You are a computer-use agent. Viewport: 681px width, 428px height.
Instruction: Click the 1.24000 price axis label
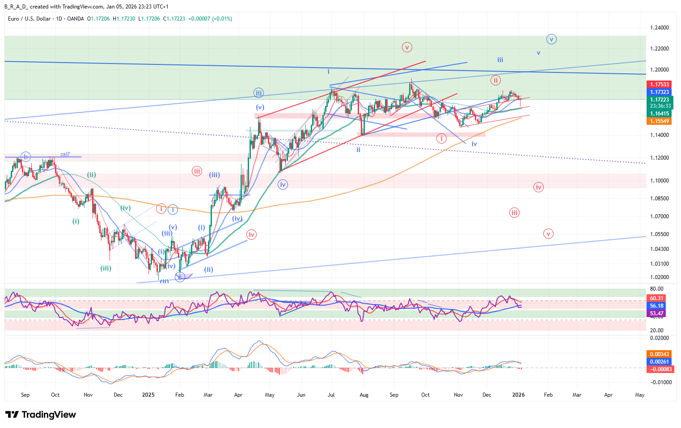660,28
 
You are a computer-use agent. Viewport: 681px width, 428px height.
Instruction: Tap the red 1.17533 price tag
660,85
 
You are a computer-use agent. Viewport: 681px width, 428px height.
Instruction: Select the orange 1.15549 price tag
660,121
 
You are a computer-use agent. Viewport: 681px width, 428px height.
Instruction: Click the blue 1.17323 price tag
660,92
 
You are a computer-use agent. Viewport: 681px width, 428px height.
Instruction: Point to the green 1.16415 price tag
660,114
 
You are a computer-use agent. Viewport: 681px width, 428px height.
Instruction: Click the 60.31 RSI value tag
656,298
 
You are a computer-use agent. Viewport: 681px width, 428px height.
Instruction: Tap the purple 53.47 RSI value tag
656,314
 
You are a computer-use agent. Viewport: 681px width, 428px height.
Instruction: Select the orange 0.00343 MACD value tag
660,354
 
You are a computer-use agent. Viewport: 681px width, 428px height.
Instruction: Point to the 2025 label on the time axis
148,395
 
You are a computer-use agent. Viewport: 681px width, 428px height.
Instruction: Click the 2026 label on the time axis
518,395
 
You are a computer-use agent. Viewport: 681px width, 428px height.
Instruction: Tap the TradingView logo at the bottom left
41,415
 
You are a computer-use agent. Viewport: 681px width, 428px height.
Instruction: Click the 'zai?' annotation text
65,154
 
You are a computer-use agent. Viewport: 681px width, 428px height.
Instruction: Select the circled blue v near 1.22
551,39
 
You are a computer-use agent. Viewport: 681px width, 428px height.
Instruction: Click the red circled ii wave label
495,81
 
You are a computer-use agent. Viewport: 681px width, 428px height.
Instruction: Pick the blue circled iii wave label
258,93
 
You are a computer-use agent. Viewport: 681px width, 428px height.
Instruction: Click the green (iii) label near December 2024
106,268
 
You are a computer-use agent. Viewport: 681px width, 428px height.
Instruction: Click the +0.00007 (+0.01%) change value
210,19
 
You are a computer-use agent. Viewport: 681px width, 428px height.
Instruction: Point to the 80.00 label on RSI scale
656,289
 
